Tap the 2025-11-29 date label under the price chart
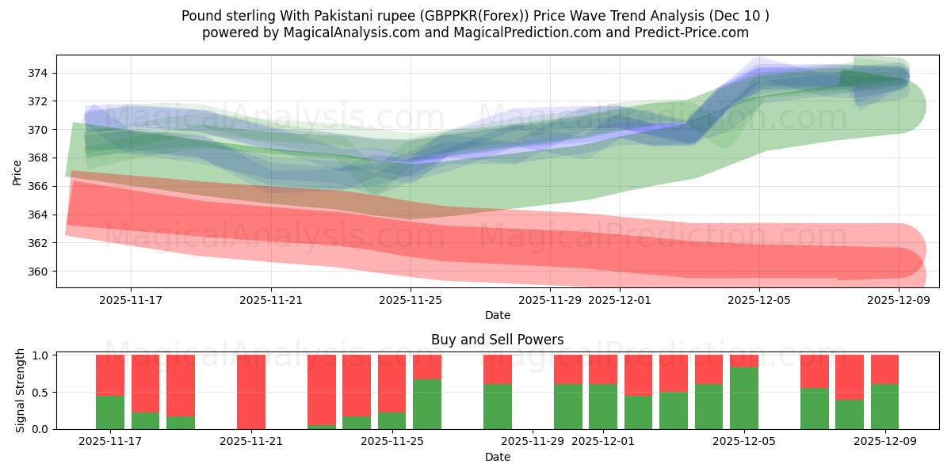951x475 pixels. pyautogui.click(x=550, y=300)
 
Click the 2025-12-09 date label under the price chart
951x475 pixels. pyautogui.click(x=899, y=300)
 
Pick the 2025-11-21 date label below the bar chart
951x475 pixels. pyautogui.click(x=251, y=441)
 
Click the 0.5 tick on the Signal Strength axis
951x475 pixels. pyautogui.click(x=41, y=392)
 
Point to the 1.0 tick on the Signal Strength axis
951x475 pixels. pyautogui.click(x=41, y=355)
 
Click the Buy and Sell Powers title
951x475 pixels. pyautogui.click(x=497, y=340)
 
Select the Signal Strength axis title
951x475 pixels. pyautogui.click(x=21, y=390)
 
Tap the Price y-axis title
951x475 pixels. pyautogui.click(x=17, y=172)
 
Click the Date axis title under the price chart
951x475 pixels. pyautogui.click(x=497, y=315)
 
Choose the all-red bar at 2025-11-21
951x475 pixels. pyautogui.click(x=251, y=392)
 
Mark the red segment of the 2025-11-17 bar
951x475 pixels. pyautogui.click(x=110, y=374)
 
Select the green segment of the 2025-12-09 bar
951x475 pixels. pyautogui.click(x=884, y=406)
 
